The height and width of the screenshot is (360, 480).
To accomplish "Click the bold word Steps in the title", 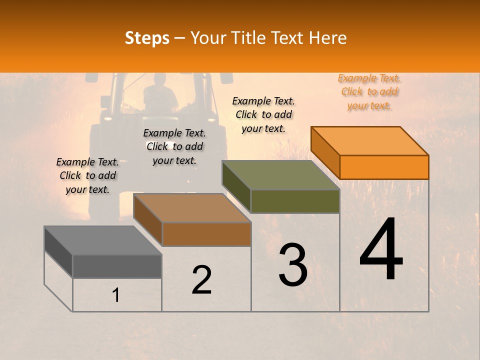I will coord(147,37).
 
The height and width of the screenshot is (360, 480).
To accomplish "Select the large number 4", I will coord(381,250).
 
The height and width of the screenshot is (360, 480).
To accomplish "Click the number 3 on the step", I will coord(293,265).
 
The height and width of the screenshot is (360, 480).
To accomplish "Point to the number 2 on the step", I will coord(202,280).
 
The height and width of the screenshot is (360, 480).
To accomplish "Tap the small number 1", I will coord(116,295).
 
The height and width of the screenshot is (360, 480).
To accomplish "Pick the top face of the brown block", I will coord(192,208).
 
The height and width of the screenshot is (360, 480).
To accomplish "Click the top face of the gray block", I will coord(103,240).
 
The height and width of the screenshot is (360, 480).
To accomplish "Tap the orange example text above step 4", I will coord(369,92).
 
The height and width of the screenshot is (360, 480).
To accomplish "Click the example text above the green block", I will coord(263,114).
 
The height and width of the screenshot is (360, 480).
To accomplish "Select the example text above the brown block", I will coord(174,146).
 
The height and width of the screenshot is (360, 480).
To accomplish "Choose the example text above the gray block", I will coord(87,175).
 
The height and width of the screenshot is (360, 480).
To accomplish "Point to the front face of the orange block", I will coord(384,167).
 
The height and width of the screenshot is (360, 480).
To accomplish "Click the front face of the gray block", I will coord(117,266).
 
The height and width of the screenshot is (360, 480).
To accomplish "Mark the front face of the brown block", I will coord(206,234).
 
